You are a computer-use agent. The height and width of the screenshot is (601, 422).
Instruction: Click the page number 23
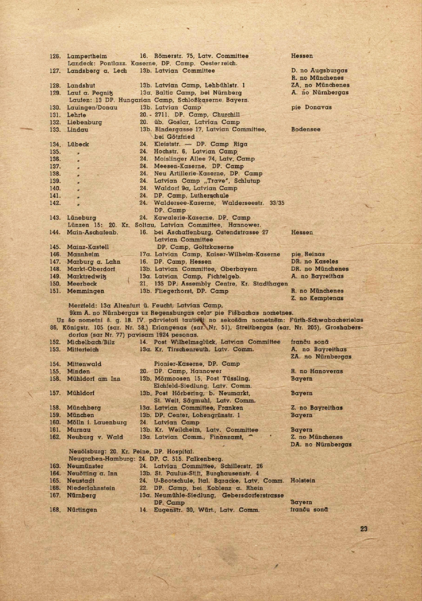[364, 529]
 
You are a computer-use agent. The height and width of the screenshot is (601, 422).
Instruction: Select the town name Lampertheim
[87, 56]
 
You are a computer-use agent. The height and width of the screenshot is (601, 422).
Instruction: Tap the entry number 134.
[55, 144]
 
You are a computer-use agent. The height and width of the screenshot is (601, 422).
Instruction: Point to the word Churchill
[226, 115]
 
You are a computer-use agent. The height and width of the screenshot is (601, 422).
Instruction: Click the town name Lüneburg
[82, 218]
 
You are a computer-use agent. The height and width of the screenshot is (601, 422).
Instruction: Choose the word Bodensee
[306, 129]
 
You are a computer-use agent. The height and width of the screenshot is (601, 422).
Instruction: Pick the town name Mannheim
[83, 254]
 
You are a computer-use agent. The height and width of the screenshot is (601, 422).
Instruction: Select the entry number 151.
[55, 291]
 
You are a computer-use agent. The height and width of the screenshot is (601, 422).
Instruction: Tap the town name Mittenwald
[84, 364]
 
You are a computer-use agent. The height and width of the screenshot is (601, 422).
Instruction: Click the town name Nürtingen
[82, 510]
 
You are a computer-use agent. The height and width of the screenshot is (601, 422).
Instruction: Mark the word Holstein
[303, 481]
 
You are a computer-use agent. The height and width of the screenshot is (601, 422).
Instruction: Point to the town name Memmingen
[86, 291]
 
